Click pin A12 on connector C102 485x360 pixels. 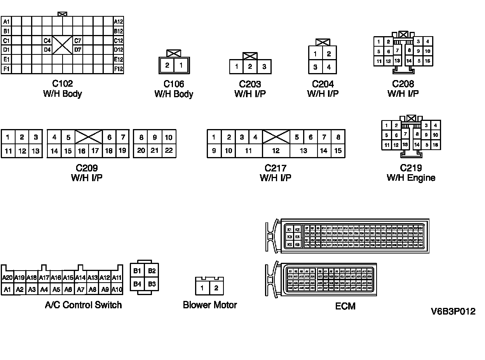click(118, 22)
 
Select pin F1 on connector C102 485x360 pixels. click(6, 69)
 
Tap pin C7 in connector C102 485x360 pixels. click(78, 40)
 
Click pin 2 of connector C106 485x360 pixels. click(167, 65)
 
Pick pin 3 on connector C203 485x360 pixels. click(264, 66)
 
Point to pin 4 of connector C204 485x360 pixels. click(329, 67)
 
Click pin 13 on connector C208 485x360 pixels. click(397, 61)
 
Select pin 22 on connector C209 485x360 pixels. click(169, 150)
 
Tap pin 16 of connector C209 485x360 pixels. click(82, 151)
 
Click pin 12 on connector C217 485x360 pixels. click(276, 151)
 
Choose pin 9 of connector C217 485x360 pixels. click(214, 151)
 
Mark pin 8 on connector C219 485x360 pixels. click(417, 134)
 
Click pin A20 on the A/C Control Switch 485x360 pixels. click(7, 278)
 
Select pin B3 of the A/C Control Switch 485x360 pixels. click(152, 284)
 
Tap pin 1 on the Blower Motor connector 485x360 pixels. click(202, 288)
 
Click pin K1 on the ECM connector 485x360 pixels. click(289, 229)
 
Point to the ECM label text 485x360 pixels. click(345, 306)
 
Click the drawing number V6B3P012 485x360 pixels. click(453, 311)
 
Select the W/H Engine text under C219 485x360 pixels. click(411, 178)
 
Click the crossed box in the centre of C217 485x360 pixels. click(276, 137)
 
